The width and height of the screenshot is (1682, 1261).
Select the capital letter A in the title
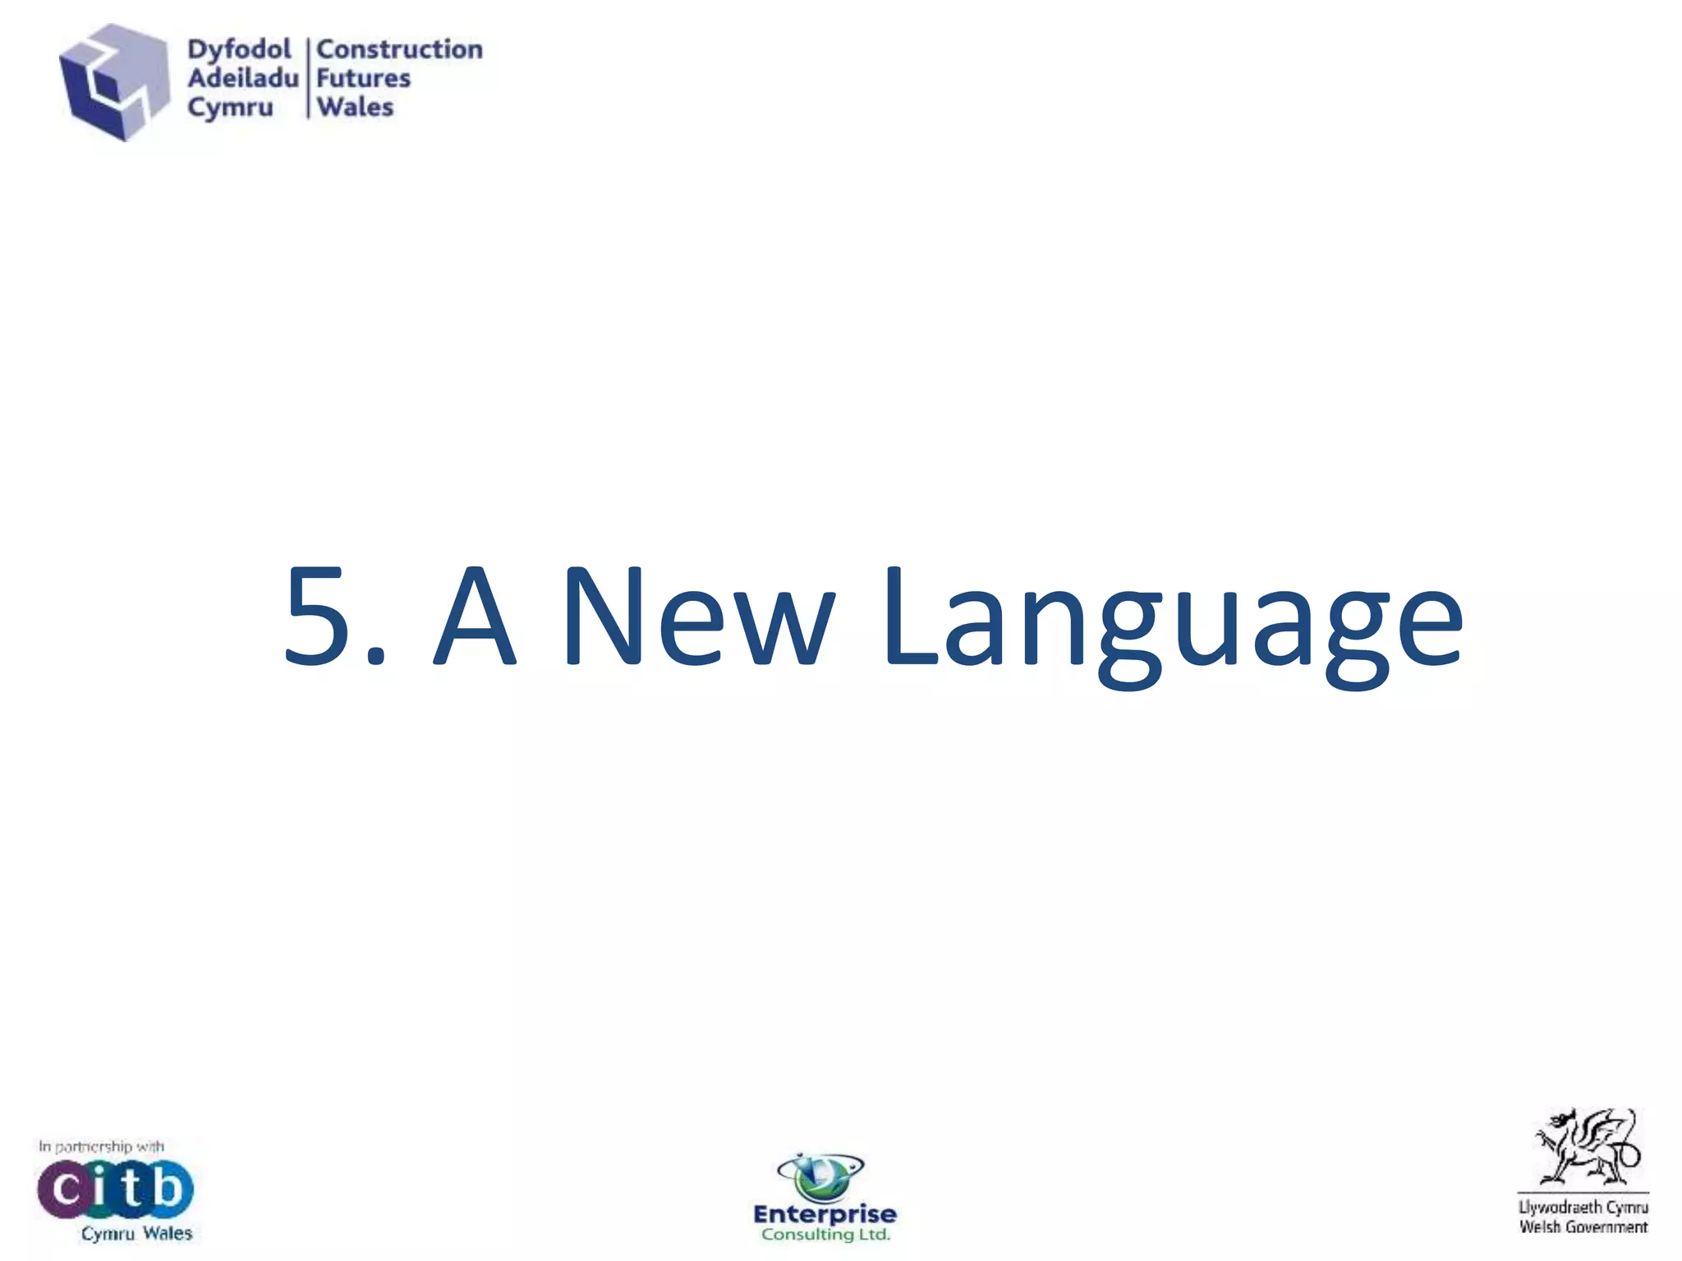click(475, 615)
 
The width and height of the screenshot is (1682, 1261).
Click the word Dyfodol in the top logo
click(239, 50)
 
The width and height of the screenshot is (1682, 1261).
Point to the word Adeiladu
click(242, 79)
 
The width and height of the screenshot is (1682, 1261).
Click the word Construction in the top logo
click(400, 49)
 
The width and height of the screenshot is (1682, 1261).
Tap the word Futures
click(364, 79)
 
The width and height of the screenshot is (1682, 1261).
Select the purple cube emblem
click(114, 82)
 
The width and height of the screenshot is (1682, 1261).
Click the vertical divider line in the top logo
click(308, 78)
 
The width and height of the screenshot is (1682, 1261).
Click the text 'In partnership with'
click(101, 1146)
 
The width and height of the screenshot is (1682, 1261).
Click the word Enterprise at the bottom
click(825, 1214)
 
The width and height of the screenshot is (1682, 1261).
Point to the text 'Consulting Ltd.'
click(825, 1235)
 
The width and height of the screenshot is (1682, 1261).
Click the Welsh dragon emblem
click(1585, 1146)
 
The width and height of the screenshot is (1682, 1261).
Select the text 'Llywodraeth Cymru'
click(1583, 1207)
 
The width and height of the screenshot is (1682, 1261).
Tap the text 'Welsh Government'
click(1583, 1227)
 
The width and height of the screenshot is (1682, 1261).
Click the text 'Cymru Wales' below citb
click(136, 1233)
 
